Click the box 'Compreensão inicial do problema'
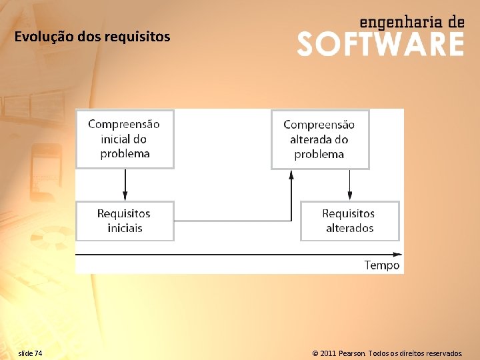(125, 139)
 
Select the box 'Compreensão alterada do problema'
(319, 139)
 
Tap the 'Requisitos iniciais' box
(125, 221)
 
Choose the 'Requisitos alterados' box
(349, 221)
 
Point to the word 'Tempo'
(382, 265)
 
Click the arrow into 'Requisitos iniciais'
(125, 195)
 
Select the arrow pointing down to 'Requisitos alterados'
(349, 195)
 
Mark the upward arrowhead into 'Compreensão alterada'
(291, 175)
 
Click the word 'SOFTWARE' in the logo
(381, 44)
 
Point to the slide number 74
(38, 353)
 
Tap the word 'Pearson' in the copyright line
(353, 353)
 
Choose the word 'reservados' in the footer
(441, 353)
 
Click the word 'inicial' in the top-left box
(114, 139)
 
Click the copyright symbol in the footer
(315, 353)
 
